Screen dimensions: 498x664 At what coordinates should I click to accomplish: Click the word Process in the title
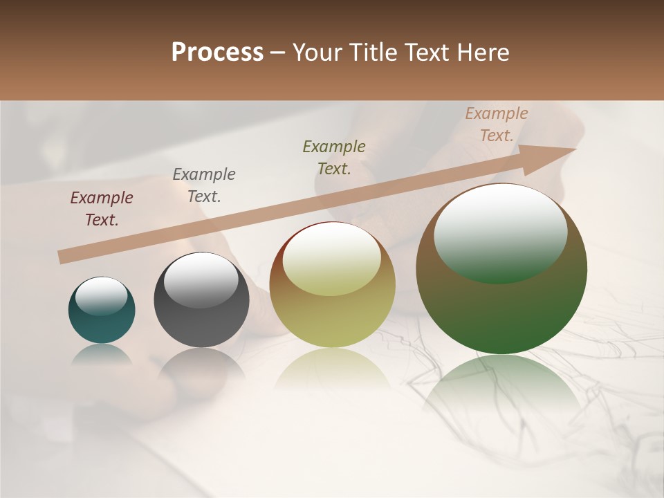(217, 53)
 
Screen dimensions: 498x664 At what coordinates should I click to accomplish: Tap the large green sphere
(501, 311)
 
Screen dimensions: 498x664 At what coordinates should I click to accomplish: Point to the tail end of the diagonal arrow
(64, 257)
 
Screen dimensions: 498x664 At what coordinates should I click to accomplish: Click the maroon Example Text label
(102, 209)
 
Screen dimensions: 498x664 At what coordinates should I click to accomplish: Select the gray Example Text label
(204, 185)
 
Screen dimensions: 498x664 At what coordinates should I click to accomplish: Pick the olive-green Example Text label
(334, 157)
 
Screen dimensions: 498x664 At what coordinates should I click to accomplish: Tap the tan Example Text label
(497, 124)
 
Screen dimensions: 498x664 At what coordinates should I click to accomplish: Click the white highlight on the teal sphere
(101, 296)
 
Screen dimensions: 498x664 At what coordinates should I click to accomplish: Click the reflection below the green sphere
(501, 387)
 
